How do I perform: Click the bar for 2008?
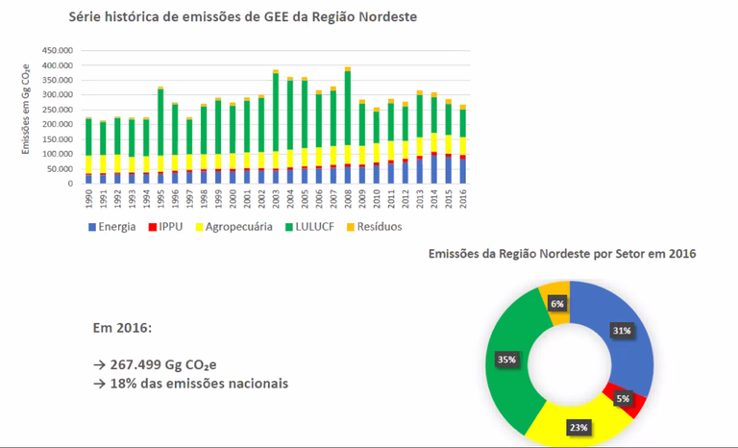pos(348,126)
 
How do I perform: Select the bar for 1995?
pos(160,136)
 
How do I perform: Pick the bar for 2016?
pos(463,144)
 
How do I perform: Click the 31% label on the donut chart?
pos(622,331)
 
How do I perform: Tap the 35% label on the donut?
pos(506,359)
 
